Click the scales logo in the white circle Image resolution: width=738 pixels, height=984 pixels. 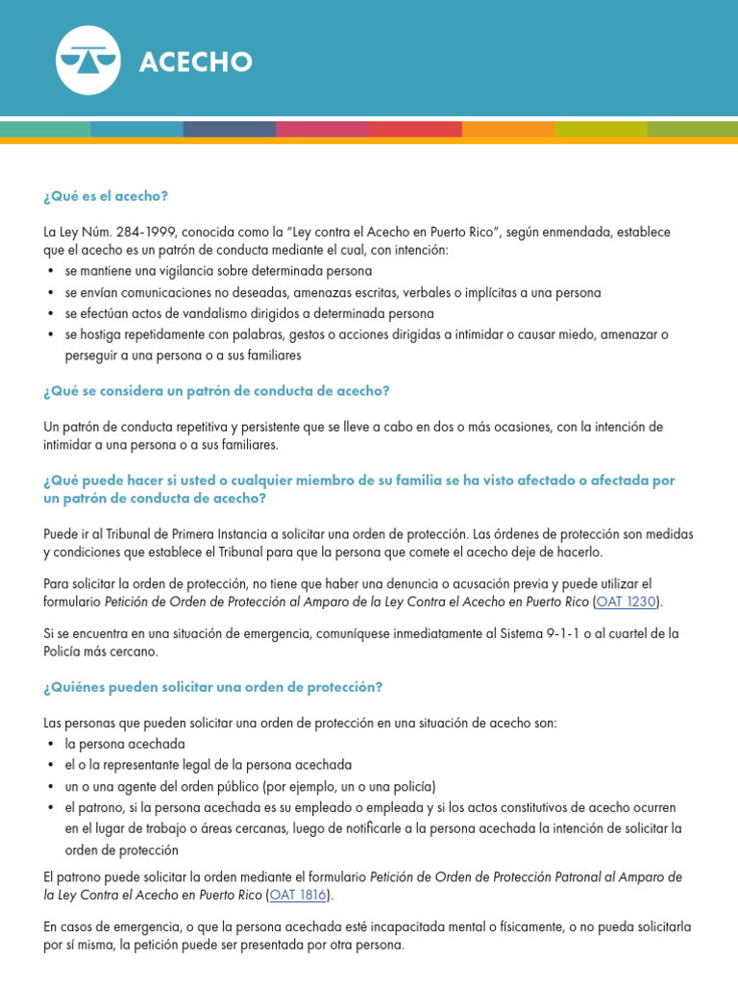coord(88,61)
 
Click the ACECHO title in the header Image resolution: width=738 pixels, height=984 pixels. coord(196,62)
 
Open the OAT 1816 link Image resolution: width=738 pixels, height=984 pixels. coord(299,895)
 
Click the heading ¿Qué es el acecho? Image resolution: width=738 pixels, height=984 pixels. coord(106,196)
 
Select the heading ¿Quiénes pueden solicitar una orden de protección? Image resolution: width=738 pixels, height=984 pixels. coord(212,687)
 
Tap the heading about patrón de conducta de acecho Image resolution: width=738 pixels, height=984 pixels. coord(216,391)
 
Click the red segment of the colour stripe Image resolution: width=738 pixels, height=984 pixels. coord(415,129)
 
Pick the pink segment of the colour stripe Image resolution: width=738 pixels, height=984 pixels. coord(323,129)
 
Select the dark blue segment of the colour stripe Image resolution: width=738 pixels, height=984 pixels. coord(230,129)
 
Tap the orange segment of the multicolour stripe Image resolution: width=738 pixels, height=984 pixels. coord(507,129)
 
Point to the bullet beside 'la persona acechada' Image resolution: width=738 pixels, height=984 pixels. coord(50,745)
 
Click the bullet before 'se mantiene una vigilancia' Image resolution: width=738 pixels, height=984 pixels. coord(50,272)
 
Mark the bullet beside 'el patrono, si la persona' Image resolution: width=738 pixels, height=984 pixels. coord(50,807)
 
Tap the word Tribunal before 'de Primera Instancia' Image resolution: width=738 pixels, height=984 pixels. coord(126,533)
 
